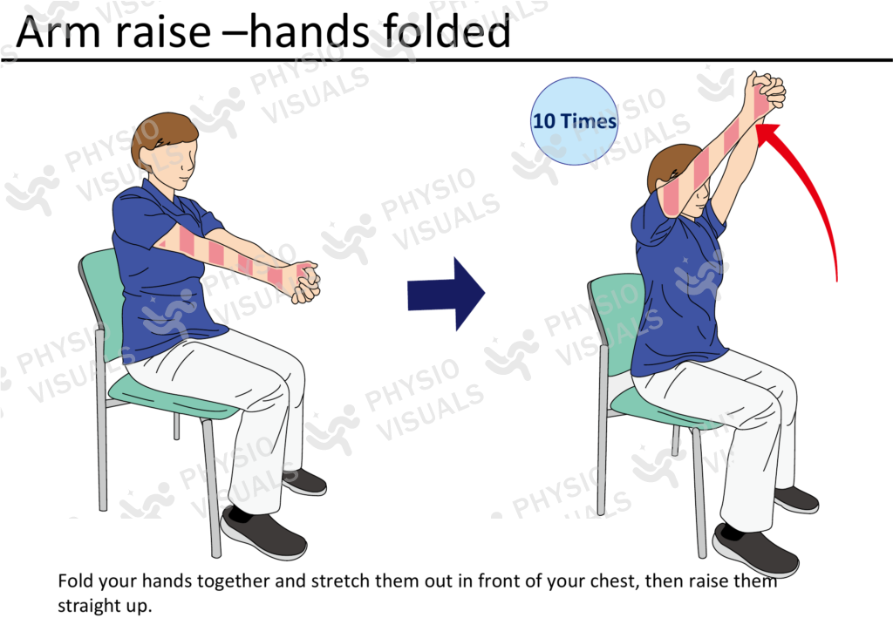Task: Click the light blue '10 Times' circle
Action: click(x=574, y=121)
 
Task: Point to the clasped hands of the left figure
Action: click(x=301, y=281)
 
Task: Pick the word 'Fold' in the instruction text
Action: click(x=75, y=581)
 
